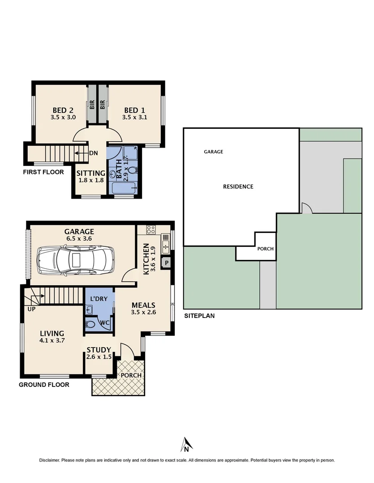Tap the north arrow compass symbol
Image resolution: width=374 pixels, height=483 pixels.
pos(187,444)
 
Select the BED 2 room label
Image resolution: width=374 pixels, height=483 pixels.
pos(63,110)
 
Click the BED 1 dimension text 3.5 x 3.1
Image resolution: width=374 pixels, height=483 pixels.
pos(134,118)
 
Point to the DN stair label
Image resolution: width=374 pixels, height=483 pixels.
pos(94,153)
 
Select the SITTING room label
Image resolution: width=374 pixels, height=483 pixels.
pos(90,173)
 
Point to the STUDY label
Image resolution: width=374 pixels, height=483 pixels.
pos(99,350)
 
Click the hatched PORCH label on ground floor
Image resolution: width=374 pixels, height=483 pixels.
pos(131,375)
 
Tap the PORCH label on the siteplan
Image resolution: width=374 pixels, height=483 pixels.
pos(265,249)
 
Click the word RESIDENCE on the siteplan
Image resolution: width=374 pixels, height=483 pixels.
pos(238,186)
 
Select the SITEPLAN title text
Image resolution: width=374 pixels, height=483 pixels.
pos(199,316)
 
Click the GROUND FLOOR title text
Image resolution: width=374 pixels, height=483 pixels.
pos(44,385)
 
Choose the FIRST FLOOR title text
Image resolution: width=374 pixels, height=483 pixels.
pos(43,172)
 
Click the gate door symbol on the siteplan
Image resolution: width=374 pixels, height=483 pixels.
pos(306,208)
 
